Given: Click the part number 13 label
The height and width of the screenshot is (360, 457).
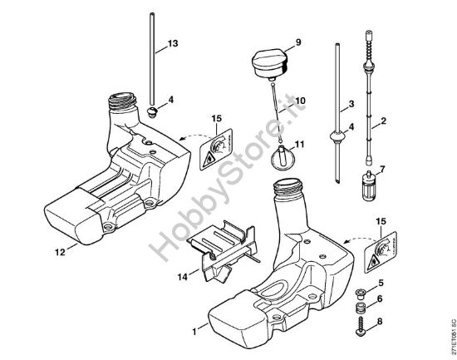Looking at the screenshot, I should tap(172, 42).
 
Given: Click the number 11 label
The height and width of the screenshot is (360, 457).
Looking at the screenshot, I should tap(299, 144).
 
